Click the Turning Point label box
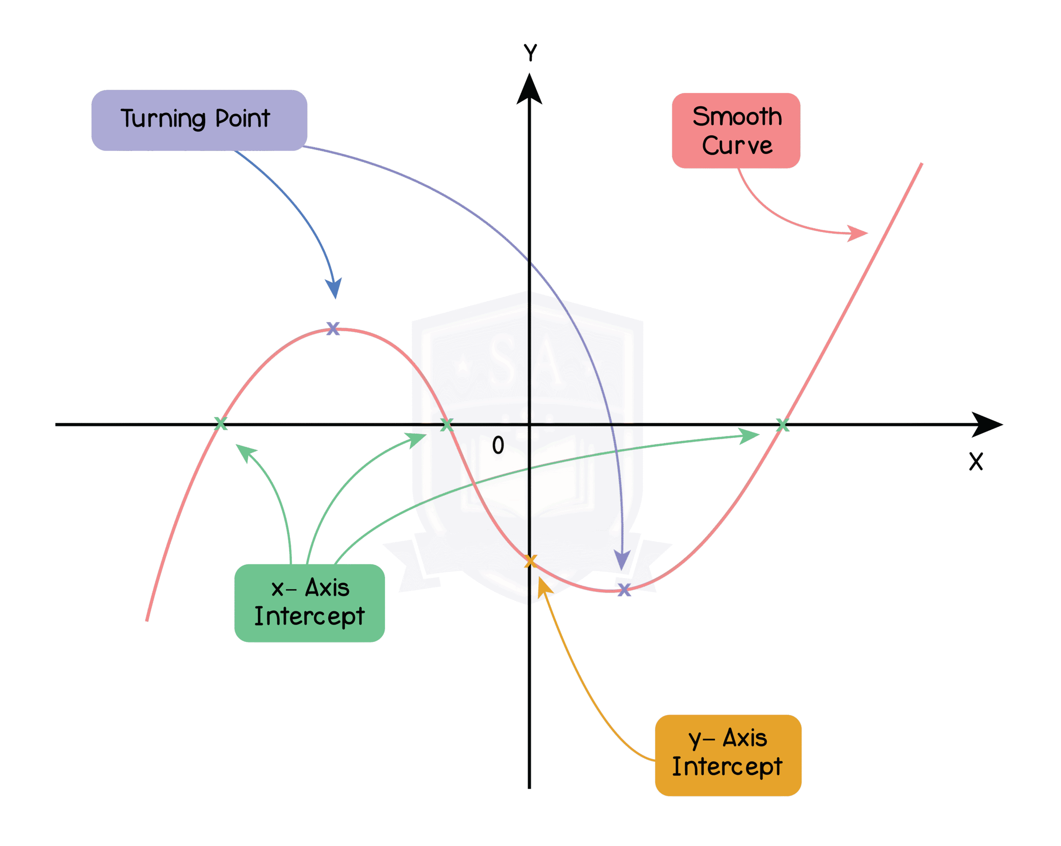point(199,120)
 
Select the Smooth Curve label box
point(736,131)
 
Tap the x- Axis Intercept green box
point(309,602)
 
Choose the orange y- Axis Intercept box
point(728,754)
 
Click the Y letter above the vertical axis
point(530,52)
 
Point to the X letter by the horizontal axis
point(976,462)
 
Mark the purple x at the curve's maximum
point(333,328)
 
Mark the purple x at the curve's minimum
point(624,589)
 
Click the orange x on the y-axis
point(530,561)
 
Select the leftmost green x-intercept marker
point(221,423)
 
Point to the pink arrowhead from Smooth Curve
point(858,233)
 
